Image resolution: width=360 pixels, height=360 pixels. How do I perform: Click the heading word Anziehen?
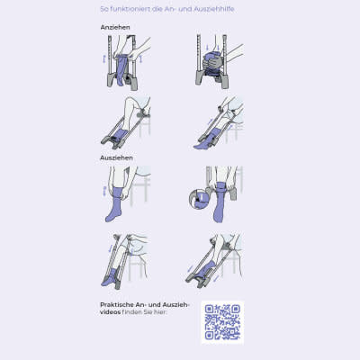115,27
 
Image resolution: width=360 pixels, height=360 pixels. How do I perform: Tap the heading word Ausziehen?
116,157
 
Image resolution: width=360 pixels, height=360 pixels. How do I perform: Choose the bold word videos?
110,312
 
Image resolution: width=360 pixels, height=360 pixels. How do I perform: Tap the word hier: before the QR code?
160,312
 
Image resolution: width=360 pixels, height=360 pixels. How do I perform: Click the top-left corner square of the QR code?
209,309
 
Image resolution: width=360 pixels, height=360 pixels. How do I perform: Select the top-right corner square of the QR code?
237,309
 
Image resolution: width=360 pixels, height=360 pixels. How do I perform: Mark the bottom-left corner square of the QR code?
209,336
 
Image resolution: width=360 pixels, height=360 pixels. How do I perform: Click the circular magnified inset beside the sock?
199,198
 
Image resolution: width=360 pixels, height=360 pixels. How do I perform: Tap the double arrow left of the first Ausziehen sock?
104,191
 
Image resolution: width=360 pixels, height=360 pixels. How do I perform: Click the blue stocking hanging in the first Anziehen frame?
121,69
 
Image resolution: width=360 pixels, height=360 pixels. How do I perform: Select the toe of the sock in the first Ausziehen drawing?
109,218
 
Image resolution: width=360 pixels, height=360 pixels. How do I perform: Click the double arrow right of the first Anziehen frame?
140,58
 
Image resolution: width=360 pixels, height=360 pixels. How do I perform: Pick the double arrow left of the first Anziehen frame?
104,58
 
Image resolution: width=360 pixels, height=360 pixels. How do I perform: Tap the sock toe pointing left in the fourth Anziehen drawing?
197,147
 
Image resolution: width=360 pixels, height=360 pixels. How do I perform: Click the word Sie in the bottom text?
148,312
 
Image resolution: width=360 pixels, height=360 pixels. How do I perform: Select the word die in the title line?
157,9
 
